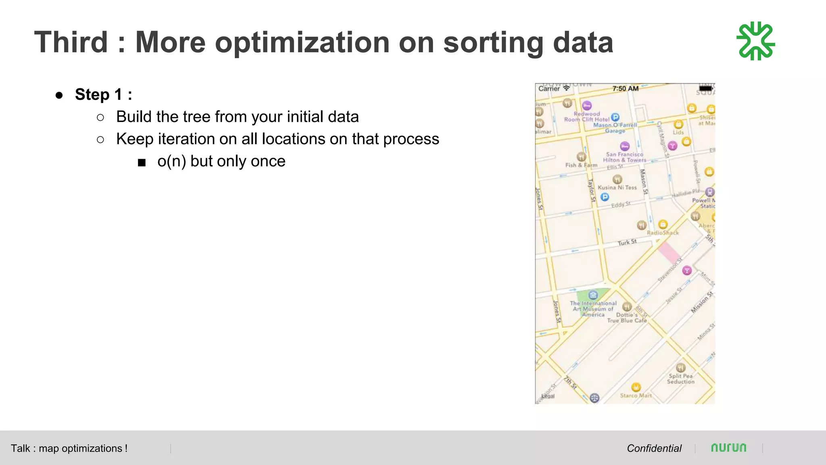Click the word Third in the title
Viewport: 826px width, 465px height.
click(71, 42)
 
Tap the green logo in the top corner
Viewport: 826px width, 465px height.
click(756, 41)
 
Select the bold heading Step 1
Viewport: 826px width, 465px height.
click(103, 94)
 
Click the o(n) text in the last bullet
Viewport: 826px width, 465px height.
click(172, 161)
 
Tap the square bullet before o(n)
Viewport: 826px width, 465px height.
click(142, 163)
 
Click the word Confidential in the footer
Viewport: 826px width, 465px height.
click(654, 448)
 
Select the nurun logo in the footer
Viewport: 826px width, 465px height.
click(728, 448)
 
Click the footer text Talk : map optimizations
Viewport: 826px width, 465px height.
click(69, 448)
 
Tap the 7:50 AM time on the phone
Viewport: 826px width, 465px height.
click(625, 88)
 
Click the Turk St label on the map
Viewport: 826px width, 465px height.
click(627, 242)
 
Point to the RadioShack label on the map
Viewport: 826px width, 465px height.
click(663, 233)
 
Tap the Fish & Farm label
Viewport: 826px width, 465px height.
click(581, 165)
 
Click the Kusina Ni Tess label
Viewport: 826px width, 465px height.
click(617, 187)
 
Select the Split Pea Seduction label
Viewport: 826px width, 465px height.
click(681, 379)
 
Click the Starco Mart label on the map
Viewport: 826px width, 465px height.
click(636, 396)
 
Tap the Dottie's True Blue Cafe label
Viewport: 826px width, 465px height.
click(627, 318)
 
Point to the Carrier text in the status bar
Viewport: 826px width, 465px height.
click(549, 88)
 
